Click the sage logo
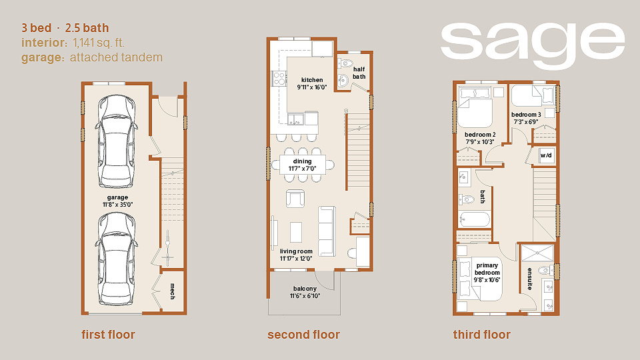(x=532, y=45)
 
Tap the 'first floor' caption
(x=108, y=335)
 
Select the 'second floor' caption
(x=304, y=335)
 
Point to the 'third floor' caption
(x=481, y=335)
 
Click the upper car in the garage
(x=116, y=141)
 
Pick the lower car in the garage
(x=116, y=259)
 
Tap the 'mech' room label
(x=172, y=291)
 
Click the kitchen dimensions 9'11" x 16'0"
(x=312, y=87)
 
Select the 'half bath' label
(x=359, y=73)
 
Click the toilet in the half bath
(x=346, y=63)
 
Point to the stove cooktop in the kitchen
(x=279, y=79)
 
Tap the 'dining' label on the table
(x=303, y=161)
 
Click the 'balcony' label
(x=305, y=289)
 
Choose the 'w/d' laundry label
(x=546, y=155)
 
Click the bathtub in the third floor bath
(x=474, y=220)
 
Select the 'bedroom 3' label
(x=526, y=115)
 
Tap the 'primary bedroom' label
(x=487, y=269)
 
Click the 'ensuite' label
(x=529, y=279)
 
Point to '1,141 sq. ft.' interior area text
(x=99, y=43)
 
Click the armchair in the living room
(x=295, y=199)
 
